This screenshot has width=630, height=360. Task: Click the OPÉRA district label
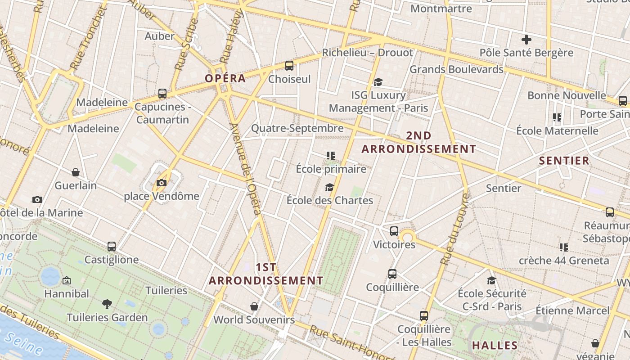point(225,78)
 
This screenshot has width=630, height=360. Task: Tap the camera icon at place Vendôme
point(162,183)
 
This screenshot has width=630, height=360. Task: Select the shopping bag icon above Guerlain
point(76,172)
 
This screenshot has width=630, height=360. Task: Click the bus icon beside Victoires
point(394,231)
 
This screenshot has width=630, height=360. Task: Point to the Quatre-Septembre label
point(297,128)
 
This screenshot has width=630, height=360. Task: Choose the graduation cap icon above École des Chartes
point(330,187)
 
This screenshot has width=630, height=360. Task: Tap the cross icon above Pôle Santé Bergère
point(526,40)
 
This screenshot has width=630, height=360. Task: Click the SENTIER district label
point(564,161)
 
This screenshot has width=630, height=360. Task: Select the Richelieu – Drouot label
point(367,53)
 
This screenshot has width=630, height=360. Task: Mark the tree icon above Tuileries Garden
point(107,304)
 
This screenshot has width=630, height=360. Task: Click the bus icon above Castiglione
point(112,247)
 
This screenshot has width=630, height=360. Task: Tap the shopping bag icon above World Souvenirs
point(254,306)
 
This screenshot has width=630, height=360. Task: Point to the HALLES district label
point(495,346)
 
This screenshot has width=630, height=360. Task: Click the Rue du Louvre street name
point(455,229)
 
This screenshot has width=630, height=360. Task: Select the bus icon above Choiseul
point(289,66)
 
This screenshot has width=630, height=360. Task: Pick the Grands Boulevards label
point(456,69)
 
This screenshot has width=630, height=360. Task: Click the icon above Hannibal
point(67,280)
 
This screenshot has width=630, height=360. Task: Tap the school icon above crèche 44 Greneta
point(563,247)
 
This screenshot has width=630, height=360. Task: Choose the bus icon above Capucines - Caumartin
point(162,94)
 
